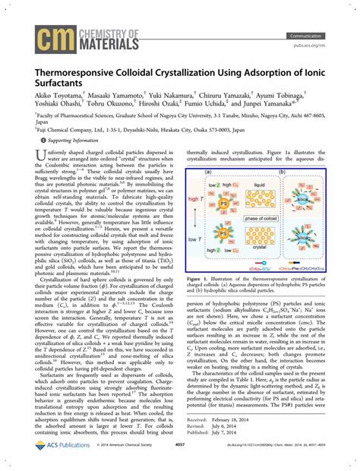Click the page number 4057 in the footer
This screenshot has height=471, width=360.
point(180,462)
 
